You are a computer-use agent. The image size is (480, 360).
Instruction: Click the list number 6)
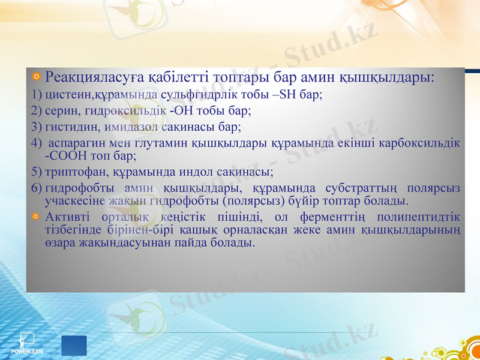point(36,189)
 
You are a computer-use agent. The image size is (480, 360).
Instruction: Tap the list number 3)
point(36,127)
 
